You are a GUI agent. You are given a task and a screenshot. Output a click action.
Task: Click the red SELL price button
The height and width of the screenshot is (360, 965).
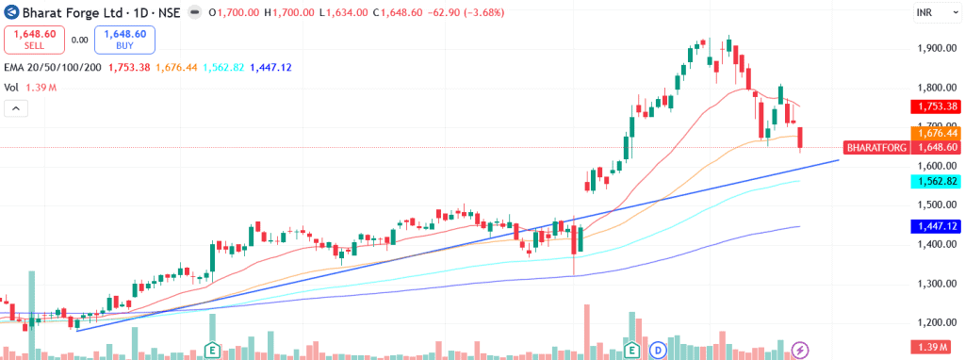pos(35,40)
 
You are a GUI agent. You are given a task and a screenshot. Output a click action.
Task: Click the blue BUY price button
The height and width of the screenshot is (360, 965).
pos(124,40)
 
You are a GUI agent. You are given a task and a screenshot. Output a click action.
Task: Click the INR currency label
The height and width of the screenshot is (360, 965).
pos(924,11)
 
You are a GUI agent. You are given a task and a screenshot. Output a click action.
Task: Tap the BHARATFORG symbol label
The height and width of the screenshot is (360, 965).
pos(876,148)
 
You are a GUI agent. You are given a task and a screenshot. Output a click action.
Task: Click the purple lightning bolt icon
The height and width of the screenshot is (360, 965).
pos(801,350)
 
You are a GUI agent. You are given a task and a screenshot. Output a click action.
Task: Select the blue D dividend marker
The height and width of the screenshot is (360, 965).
pos(659,350)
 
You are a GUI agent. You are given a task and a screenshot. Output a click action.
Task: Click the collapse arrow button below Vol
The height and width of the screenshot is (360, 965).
pos(16,108)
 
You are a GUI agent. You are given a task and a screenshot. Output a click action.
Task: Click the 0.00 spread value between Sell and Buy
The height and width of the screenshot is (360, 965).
pos(79,40)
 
